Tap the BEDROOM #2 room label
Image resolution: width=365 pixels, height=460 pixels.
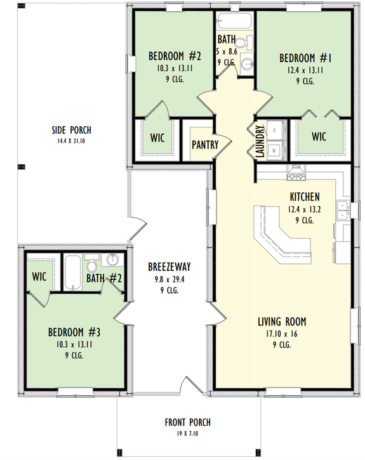coord(171,53)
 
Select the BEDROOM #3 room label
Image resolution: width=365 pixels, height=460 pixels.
coord(74,332)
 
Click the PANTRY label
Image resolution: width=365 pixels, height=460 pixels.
coord(204,145)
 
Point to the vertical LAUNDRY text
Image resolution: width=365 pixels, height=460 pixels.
coord(260,141)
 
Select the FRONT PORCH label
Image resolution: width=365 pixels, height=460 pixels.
coord(187,422)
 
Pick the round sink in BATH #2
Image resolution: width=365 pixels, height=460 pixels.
coord(114,260)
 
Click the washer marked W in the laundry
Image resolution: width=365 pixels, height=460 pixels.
coord(275,150)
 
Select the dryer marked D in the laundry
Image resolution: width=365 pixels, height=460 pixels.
coord(275,131)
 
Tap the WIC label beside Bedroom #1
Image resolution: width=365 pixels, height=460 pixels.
coord(319,136)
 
